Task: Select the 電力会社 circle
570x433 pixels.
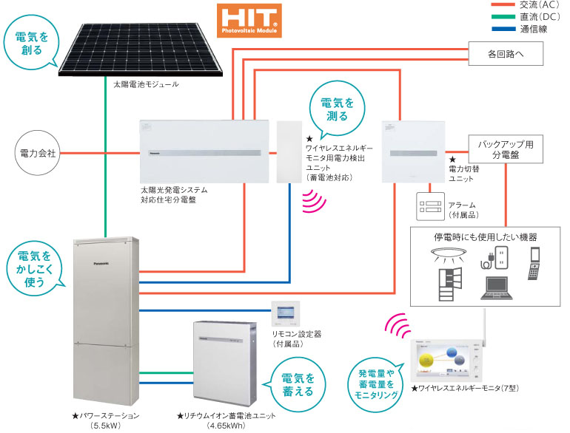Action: point(37,154)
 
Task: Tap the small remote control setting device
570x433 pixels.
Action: point(284,315)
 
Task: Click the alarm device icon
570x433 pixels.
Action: point(427,205)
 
